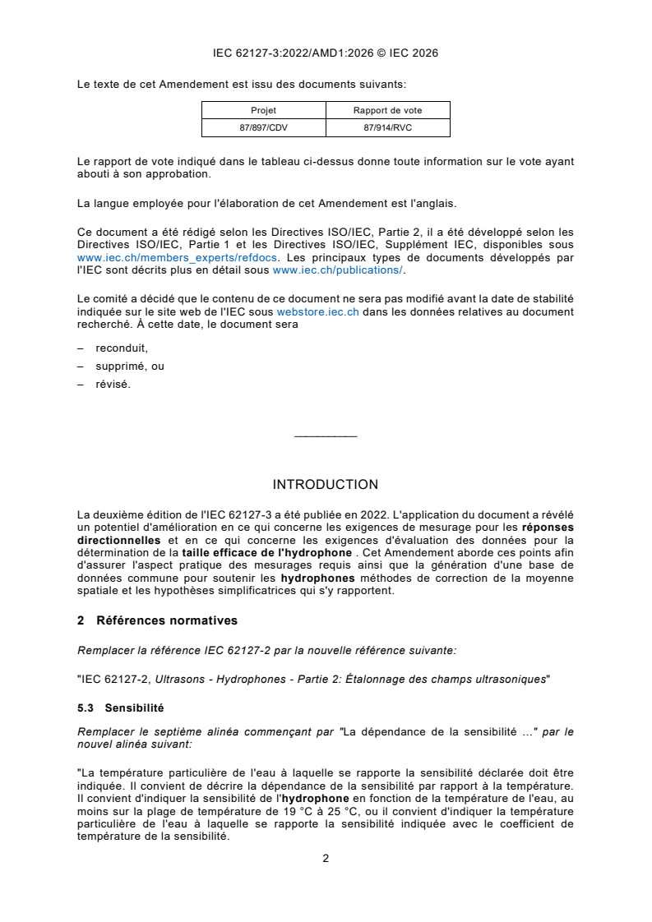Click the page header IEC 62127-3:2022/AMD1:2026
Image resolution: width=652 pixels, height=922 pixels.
click(x=326, y=53)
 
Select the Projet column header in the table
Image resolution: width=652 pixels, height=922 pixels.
click(x=263, y=110)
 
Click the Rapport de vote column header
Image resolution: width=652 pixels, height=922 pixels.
click(x=387, y=110)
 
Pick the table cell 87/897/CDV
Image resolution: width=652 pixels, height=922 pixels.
click(x=263, y=127)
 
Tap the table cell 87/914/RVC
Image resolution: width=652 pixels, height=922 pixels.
click(x=387, y=127)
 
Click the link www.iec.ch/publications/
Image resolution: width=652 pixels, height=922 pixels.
click(x=338, y=269)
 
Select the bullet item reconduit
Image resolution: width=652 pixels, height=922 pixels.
click(x=122, y=348)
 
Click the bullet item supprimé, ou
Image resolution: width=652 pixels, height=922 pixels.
click(x=130, y=366)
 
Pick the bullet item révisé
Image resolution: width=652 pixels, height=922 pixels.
click(x=113, y=384)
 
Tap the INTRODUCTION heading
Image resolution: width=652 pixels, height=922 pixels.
click(x=326, y=485)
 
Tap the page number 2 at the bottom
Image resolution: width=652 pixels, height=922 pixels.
click(x=326, y=859)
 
